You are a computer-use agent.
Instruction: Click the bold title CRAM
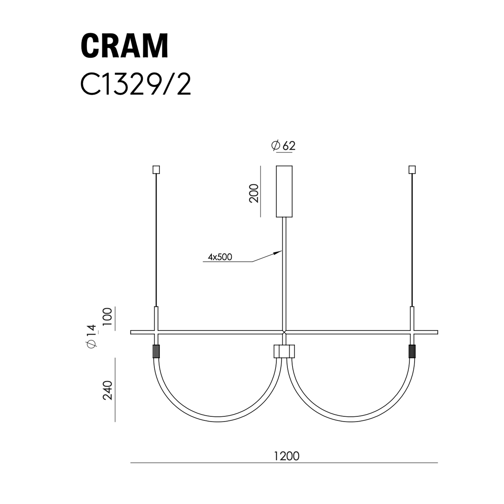124,46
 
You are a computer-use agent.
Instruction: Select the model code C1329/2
136,84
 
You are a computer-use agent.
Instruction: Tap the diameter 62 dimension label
283,146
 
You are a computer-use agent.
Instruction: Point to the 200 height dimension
254,193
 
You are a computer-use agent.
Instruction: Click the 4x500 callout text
220,257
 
